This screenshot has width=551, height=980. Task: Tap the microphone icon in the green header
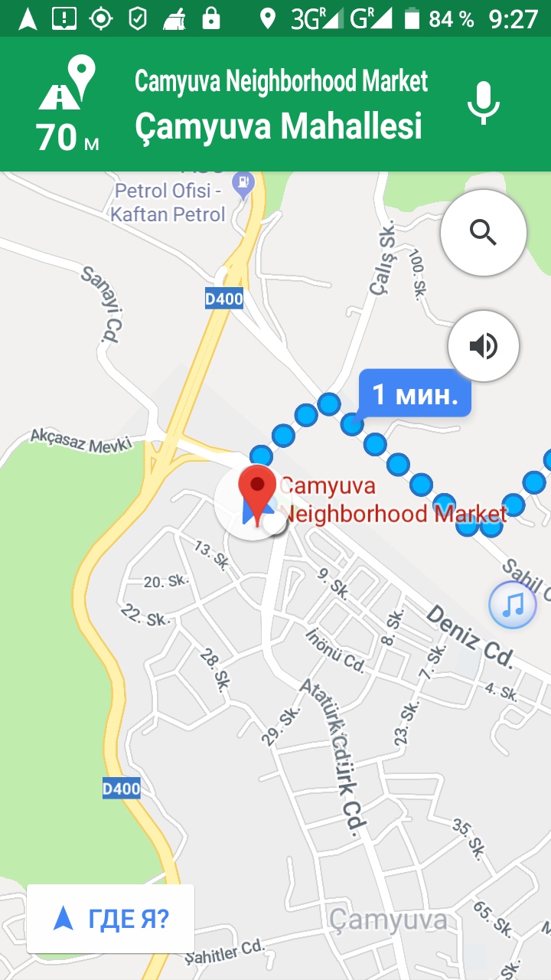click(x=484, y=103)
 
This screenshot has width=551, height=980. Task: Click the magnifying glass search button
click(x=484, y=232)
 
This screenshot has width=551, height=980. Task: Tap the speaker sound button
click(x=484, y=346)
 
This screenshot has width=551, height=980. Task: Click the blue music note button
click(x=513, y=605)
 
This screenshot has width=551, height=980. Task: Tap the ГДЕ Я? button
click(x=111, y=919)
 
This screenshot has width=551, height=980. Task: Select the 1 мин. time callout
click(x=415, y=395)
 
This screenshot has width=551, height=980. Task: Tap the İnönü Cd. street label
click(x=335, y=649)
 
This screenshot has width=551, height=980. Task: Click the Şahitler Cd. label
click(x=225, y=952)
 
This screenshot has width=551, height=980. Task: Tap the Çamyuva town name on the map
click(x=388, y=920)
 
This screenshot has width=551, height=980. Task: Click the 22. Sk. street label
click(x=145, y=614)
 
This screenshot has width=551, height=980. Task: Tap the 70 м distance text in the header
click(x=67, y=138)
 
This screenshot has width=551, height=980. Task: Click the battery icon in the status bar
click(x=412, y=18)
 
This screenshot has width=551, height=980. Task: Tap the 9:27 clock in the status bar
click(x=514, y=18)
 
